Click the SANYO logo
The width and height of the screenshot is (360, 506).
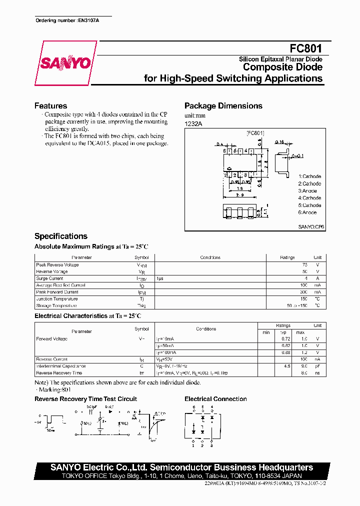point(65,63)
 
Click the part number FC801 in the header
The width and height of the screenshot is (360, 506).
point(306,49)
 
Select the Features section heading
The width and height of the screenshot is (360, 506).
point(50,106)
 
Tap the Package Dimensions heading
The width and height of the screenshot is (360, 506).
point(223,106)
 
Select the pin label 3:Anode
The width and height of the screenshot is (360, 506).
point(307,191)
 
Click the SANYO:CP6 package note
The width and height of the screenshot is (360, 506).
point(311,226)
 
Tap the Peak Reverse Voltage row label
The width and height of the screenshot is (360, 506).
point(57,265)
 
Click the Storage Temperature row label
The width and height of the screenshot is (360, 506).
point(56,305)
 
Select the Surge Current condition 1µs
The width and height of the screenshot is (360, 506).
point(160,278)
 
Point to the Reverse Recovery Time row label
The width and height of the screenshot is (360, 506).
point(59,373)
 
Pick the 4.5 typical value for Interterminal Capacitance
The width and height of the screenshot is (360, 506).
point(287,366)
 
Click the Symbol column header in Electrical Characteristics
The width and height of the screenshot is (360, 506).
point(141,329)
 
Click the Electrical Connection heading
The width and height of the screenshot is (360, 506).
point(215,399)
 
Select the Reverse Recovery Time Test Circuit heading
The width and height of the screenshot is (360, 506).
point(85,399)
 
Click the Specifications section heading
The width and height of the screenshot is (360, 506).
point(60,236)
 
